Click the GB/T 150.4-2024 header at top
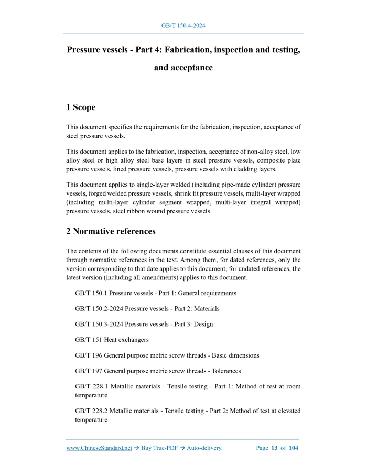183,25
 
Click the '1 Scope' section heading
81,107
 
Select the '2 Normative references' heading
111,231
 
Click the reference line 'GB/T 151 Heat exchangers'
112,340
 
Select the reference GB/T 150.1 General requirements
156,293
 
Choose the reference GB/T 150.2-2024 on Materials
147,309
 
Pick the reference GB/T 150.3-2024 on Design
144,324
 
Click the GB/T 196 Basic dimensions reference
167,355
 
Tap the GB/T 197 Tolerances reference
158,371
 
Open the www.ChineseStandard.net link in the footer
99,448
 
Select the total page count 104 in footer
293,448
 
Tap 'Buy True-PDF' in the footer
158,448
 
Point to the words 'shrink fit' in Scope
187,193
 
